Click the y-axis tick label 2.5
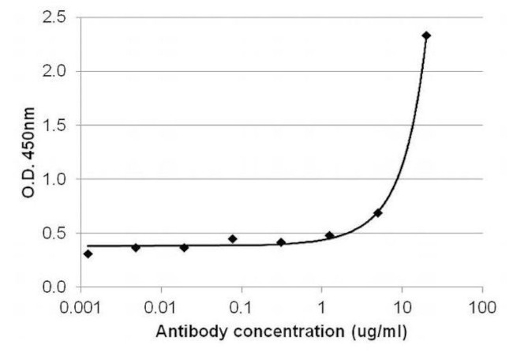[55, 17]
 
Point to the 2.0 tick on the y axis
[55, 72]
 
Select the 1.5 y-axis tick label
[55, 126]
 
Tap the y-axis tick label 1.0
[55, 179]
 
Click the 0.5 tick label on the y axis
[55, 234]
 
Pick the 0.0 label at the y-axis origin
[55, 287]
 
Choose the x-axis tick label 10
[402, 306]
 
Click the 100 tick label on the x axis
[481, 306]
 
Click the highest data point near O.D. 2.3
[426, 36]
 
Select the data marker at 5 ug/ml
[378, 213]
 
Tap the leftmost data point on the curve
[88, 253]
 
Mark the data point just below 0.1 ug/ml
[232, 238]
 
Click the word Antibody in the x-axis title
[186, 332]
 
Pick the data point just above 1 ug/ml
[329, 235]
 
